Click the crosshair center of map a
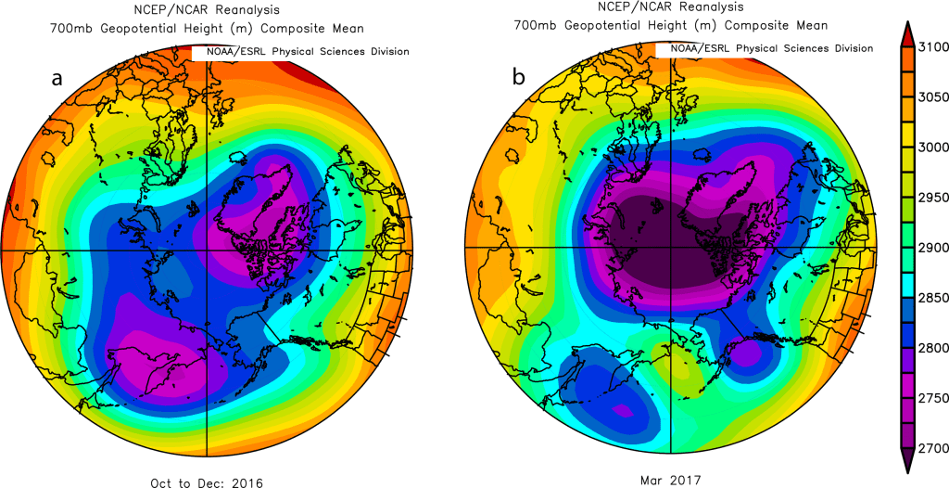click(x=205, y=250)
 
